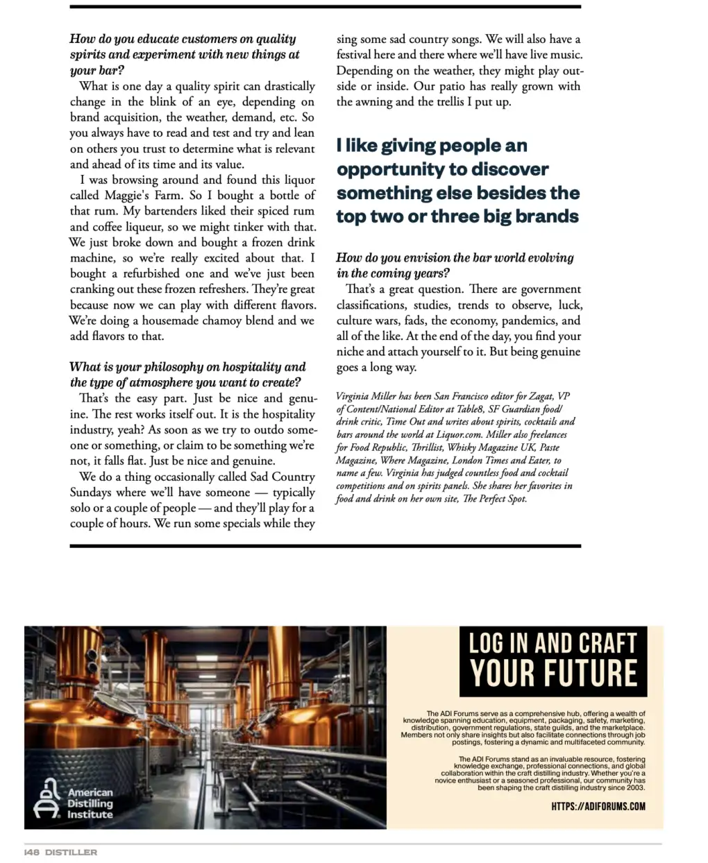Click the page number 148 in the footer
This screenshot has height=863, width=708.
pos(32,852)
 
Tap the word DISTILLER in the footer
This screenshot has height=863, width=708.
pos(71,852)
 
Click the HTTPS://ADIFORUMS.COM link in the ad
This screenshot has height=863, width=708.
pos(598,806)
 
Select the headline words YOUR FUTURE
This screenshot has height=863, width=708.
pos(553,673)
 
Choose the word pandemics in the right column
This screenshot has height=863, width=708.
pos(530,321)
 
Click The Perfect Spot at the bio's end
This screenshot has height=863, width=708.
pos(494,498)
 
